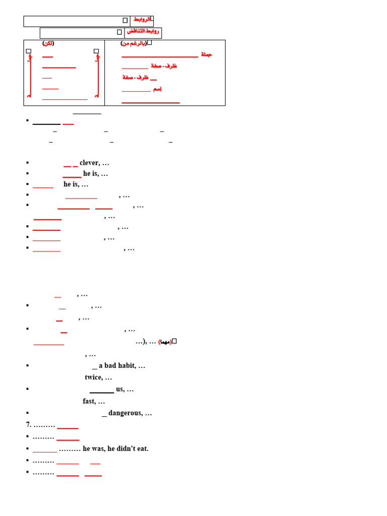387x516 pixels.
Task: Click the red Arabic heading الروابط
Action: click(142, 19)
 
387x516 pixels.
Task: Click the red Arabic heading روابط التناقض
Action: click(143, 31)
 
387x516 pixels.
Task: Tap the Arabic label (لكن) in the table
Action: click(48, 43)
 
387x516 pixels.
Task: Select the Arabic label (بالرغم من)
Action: click(134, 43)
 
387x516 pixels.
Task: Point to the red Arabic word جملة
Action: click(207, 54)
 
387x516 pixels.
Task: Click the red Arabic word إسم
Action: click(157, 89)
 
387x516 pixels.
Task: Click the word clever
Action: click(89, 163)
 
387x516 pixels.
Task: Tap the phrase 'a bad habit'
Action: click(117, 365)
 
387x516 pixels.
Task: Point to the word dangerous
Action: click(125, 413)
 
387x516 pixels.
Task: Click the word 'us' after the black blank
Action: click(119, 389)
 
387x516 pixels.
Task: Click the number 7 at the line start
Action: click(28, 425)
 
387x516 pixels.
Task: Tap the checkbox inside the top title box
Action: click(125, 21)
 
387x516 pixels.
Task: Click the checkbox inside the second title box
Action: click(119, 32)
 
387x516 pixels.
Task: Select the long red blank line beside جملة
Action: click(160, 57)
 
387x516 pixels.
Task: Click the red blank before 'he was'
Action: click(45, 451)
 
